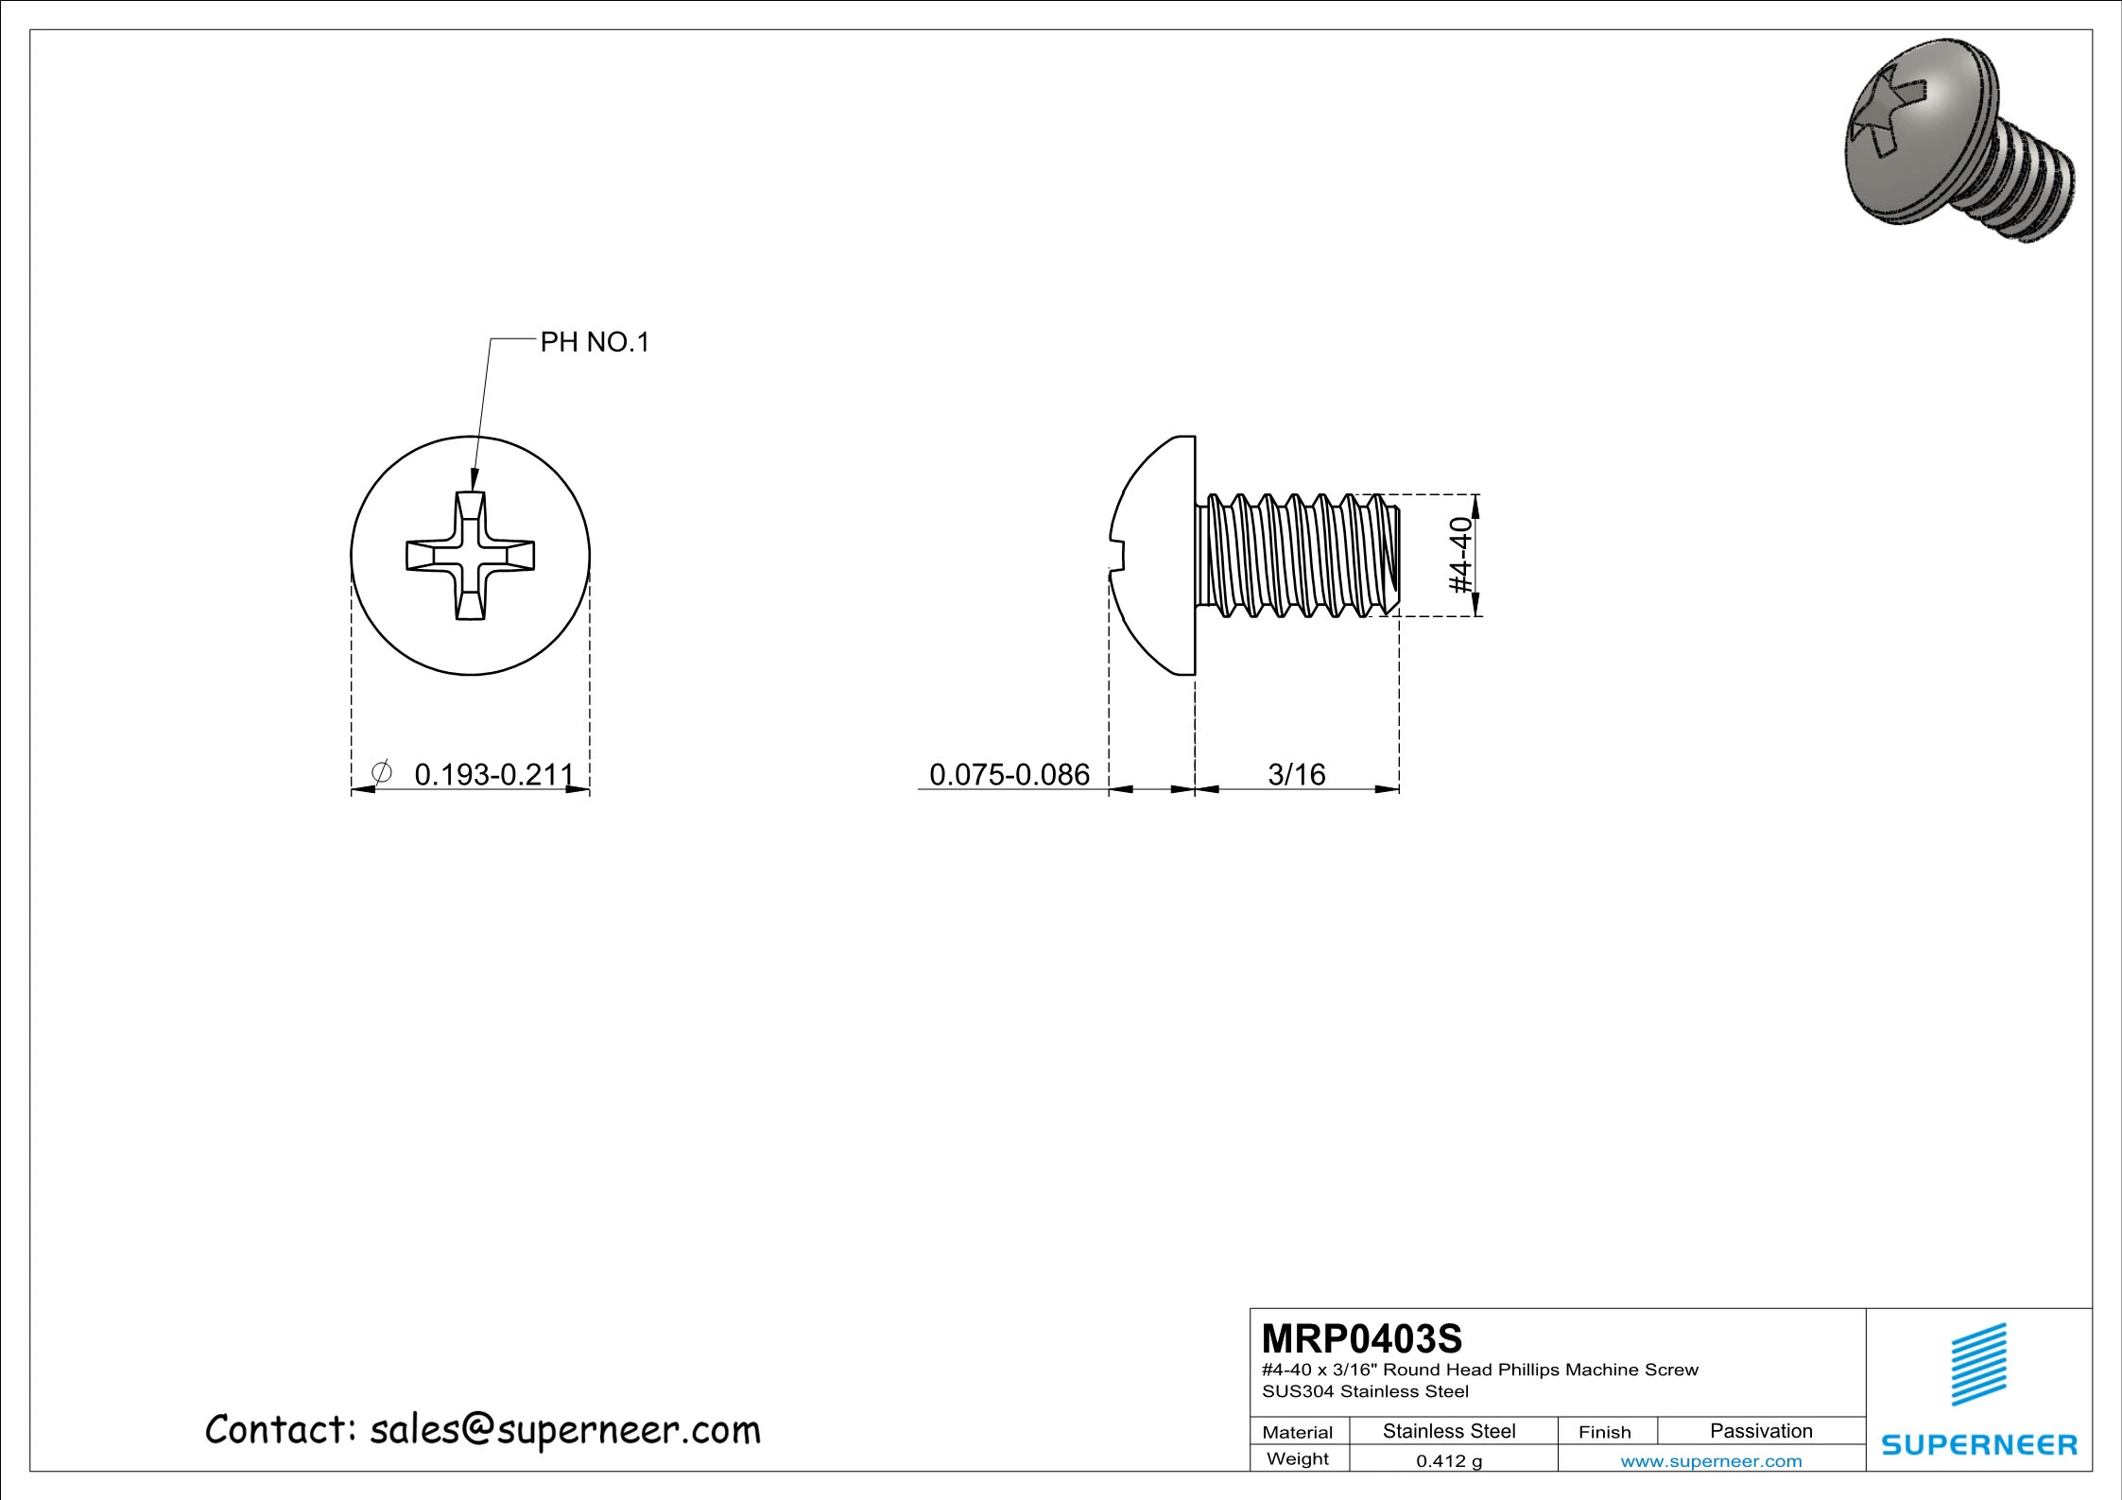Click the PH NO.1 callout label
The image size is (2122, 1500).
pos(595,342)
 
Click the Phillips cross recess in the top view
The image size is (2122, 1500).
pos(470,556)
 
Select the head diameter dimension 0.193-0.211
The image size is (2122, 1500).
pos(494,775)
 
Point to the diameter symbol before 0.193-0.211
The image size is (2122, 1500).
pos(382,773)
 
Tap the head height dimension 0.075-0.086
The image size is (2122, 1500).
pos(1009,775)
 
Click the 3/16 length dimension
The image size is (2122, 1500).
pos(1296,775)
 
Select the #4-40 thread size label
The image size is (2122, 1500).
pos(1461,555)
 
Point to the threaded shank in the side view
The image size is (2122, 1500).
pos(1295,556)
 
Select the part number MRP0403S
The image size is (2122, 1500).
pos(1361,1339)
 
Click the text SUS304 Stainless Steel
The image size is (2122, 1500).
pos(1365,1391)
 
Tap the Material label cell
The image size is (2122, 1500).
pos(1297,1432)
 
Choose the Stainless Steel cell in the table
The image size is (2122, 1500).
pos(1449,1431)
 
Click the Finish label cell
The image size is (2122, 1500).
pos(1604,1432)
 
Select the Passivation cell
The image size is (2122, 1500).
pos(1760,1431)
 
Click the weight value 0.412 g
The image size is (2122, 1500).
pos(1449,1461)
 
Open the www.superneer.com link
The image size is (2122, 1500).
pos(1711,1461)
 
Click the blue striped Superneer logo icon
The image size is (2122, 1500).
pos(1978,1364)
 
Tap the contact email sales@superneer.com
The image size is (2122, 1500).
pos(564,1430)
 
